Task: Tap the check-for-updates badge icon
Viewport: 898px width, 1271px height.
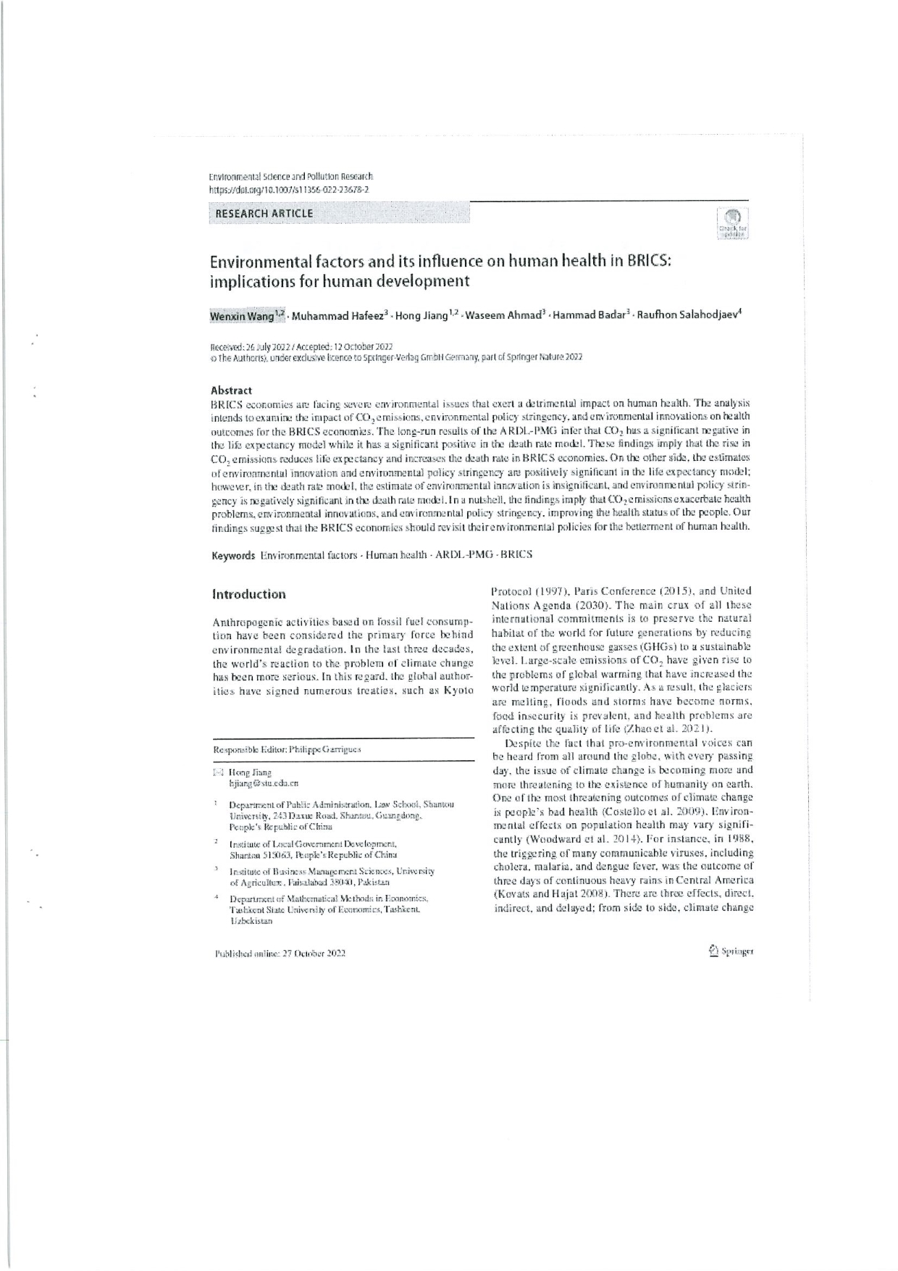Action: [732, 223]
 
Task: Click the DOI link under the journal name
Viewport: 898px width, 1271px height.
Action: [289, 189]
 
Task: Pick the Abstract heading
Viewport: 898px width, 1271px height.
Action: [231, 390]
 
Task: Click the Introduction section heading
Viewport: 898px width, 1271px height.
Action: [248, 594]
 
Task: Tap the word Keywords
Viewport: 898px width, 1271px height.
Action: [232, 555]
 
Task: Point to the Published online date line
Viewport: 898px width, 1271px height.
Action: [280, 954]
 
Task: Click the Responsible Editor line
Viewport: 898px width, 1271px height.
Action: [287, 750]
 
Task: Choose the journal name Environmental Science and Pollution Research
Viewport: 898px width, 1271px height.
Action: [290, 177]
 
